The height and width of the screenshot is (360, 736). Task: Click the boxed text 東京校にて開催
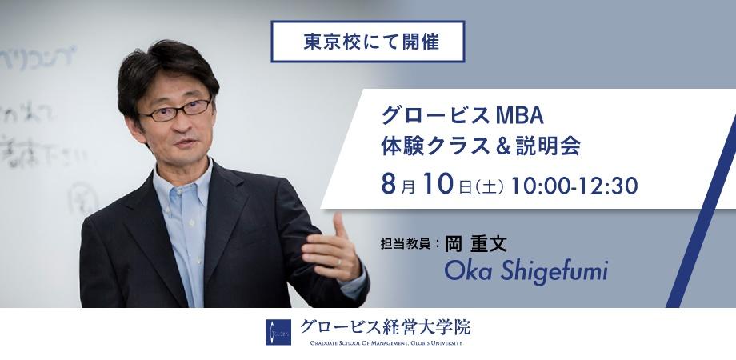368,42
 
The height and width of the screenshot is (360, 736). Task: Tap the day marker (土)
488,187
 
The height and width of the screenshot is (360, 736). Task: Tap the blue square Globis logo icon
278,332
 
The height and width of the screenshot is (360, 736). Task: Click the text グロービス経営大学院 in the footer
386,326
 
